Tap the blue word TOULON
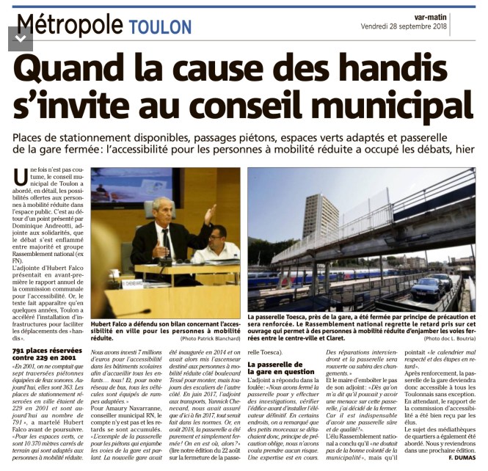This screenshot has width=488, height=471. [159, 27]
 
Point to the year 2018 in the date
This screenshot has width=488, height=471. [460, 26]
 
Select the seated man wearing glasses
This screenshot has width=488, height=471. [216, 246]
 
